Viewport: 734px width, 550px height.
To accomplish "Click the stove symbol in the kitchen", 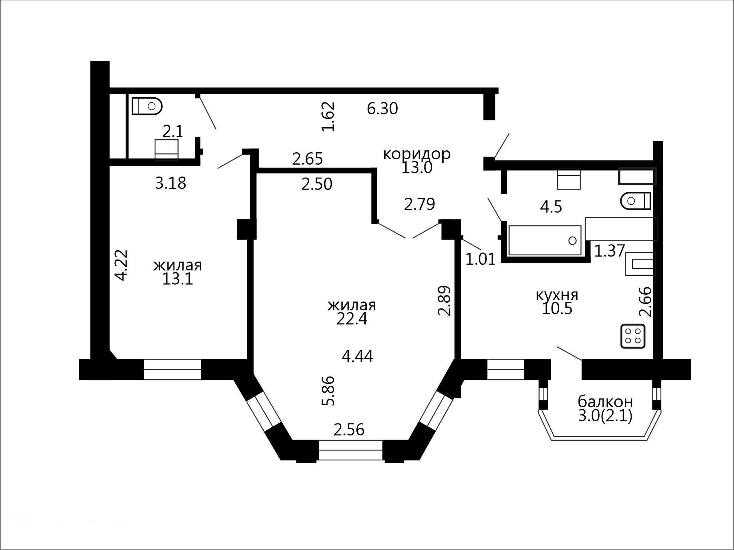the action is tap(633, 337).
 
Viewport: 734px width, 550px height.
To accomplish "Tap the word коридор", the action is tap(416, 154).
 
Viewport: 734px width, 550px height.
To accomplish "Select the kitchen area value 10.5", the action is tap(557, 308).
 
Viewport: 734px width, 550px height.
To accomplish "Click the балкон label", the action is tap(605, 402).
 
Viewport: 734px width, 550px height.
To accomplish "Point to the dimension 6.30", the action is tap(382, 108).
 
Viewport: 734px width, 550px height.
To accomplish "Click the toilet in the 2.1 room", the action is tap(147, 106).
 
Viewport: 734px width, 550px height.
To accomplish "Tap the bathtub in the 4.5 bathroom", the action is tap(545, 240).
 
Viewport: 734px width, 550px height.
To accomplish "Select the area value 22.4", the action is tap(352, 319).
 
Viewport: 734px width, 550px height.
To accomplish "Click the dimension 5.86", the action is tap(328, 391).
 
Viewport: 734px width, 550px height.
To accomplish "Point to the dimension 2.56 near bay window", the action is tap(349, 430).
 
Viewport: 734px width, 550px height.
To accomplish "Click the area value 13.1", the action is tap(177, 279).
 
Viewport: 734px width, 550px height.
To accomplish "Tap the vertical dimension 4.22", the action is tap(121, 265).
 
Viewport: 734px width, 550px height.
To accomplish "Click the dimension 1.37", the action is tap(610, 251).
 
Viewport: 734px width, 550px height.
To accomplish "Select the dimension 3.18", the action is tap(171, 183).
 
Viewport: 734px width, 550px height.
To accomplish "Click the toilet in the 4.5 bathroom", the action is tap(635, 201).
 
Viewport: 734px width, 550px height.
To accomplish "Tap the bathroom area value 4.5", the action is tap(551, 207).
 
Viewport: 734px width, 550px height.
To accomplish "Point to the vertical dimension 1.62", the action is tap(328, 117).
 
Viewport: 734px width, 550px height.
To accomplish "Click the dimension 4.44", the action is tap(357, 357).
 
